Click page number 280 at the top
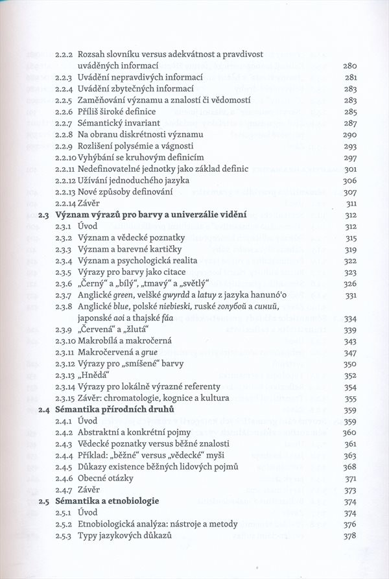point(350,65)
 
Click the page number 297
point(350,158)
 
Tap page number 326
point(350,284)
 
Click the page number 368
point(350,467)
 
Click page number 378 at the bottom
point(350,536)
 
